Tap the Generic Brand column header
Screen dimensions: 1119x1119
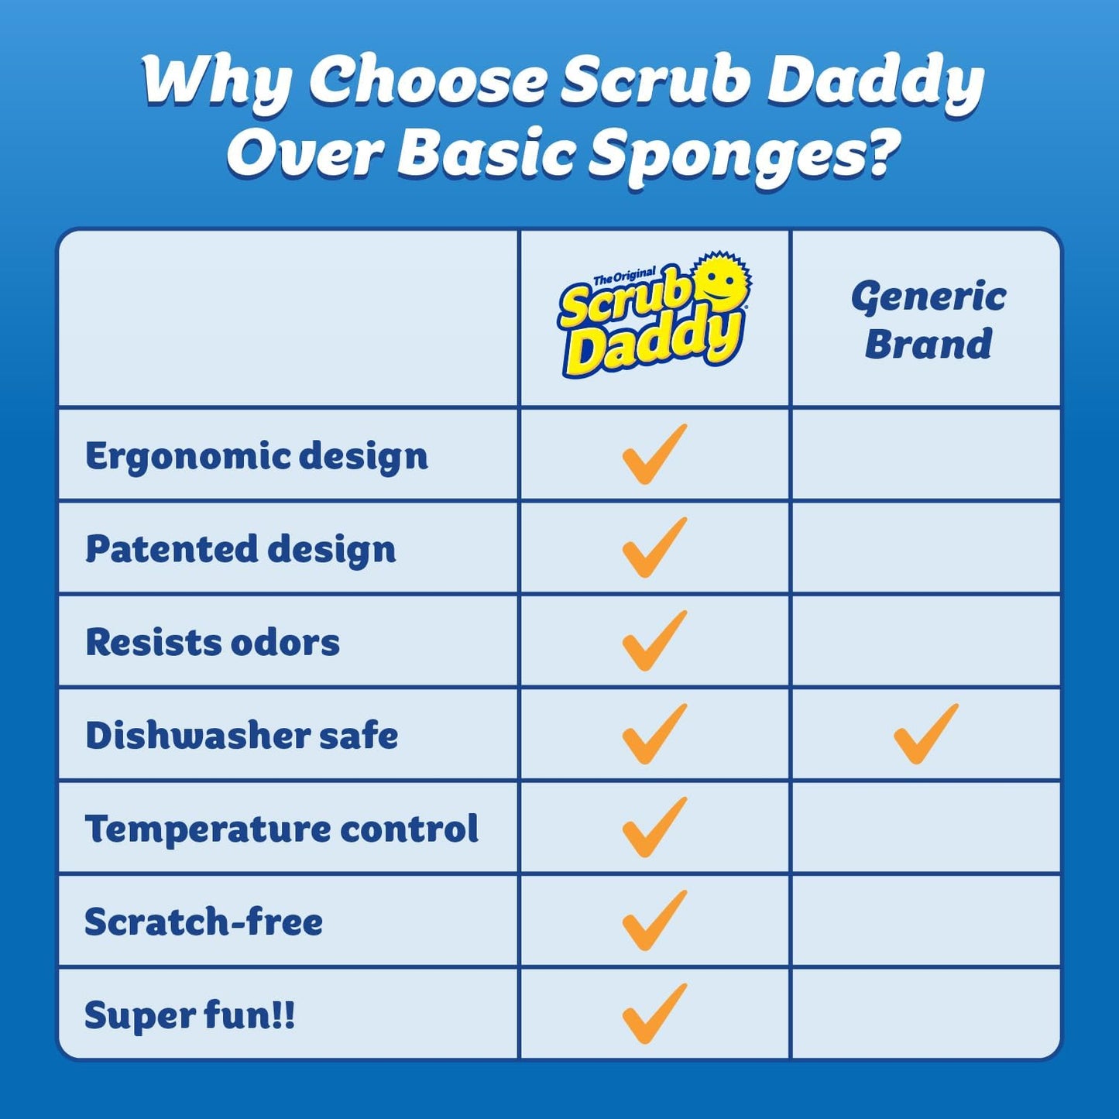[x=928, y=320]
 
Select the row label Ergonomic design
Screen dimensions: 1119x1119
[x=256, y=456]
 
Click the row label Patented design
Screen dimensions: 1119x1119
[x=241, y=549]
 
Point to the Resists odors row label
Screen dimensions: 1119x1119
[x=213, y=643]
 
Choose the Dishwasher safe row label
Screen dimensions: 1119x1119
[x=242, y=736]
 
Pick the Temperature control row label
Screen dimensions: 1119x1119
[x=282, y=829]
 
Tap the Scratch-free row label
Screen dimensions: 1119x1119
[x=204, y=922]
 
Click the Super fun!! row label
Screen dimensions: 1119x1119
[x=190, y=1015]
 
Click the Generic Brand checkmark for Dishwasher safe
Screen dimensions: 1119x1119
[x=925, y=734]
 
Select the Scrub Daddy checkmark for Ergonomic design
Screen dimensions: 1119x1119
[x=654, y=455]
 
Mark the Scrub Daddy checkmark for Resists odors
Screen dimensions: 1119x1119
[x=654, y=641]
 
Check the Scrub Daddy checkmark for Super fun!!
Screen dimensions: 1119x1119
[x=654, y=1014]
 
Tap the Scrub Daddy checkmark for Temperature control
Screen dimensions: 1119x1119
[x=654, y=827]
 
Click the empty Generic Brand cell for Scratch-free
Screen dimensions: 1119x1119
[x=926, y=922]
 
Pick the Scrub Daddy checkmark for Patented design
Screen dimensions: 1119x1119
[x=654, y=547]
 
